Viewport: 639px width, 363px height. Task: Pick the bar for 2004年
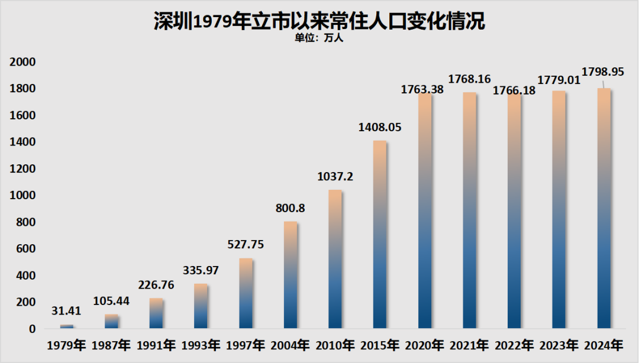coord(291,275)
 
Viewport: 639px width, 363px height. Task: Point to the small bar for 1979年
coord(67,326)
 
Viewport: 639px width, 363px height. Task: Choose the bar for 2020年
coord(425,210)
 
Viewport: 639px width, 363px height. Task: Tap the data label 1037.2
coord(335,176)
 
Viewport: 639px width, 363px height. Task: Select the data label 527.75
coord(246,244)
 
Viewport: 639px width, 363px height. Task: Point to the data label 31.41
coord(67,311)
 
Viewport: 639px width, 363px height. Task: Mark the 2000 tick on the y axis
coord(22,62)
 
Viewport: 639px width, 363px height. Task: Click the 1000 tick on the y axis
coord(22,196)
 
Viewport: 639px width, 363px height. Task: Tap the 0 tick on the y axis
coord(32,329)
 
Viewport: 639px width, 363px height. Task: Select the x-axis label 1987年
coord(111,345)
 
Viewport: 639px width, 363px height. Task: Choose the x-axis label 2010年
coord(335,345)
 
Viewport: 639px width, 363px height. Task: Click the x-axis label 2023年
coord(559,345)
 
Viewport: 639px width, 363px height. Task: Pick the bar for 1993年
coord(201,306)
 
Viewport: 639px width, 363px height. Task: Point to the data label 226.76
coord(156,285)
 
